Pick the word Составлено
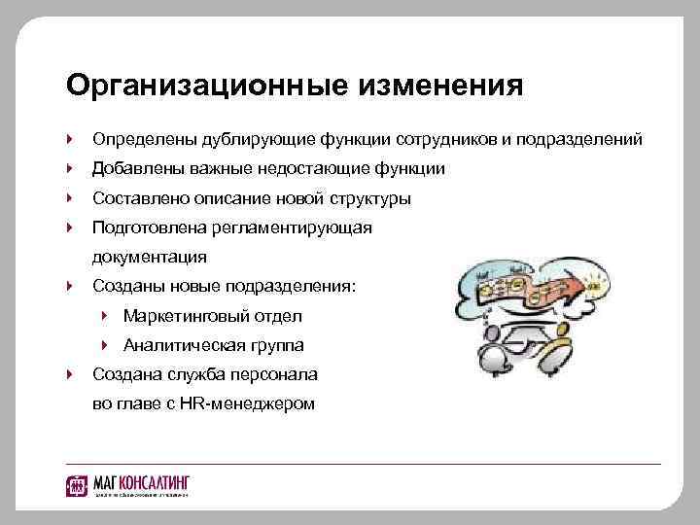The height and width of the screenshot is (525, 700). pyautogui.click(x=140, y=198)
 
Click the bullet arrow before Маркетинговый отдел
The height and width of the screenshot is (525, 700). pyautogui.click(x=106, y=316)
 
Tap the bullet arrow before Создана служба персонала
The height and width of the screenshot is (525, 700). pyautogui.click(x=72, y=374)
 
